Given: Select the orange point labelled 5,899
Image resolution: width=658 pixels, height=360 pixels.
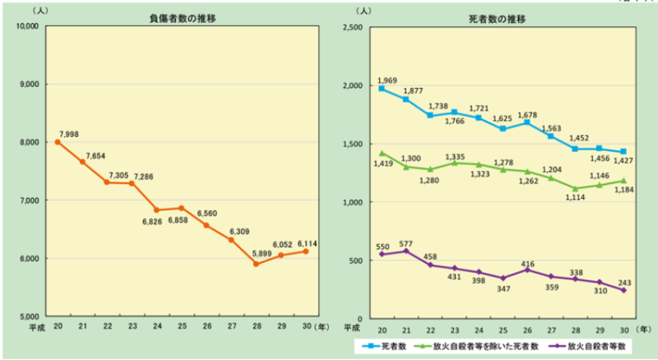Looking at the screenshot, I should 256,264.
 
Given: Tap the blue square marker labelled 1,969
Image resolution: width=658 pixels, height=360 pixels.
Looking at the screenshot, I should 381,89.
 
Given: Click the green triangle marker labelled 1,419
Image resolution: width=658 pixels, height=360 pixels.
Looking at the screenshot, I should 381,153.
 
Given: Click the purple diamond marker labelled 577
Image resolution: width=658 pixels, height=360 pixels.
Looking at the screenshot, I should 405,251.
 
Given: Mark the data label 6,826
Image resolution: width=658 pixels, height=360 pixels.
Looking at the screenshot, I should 158,222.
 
